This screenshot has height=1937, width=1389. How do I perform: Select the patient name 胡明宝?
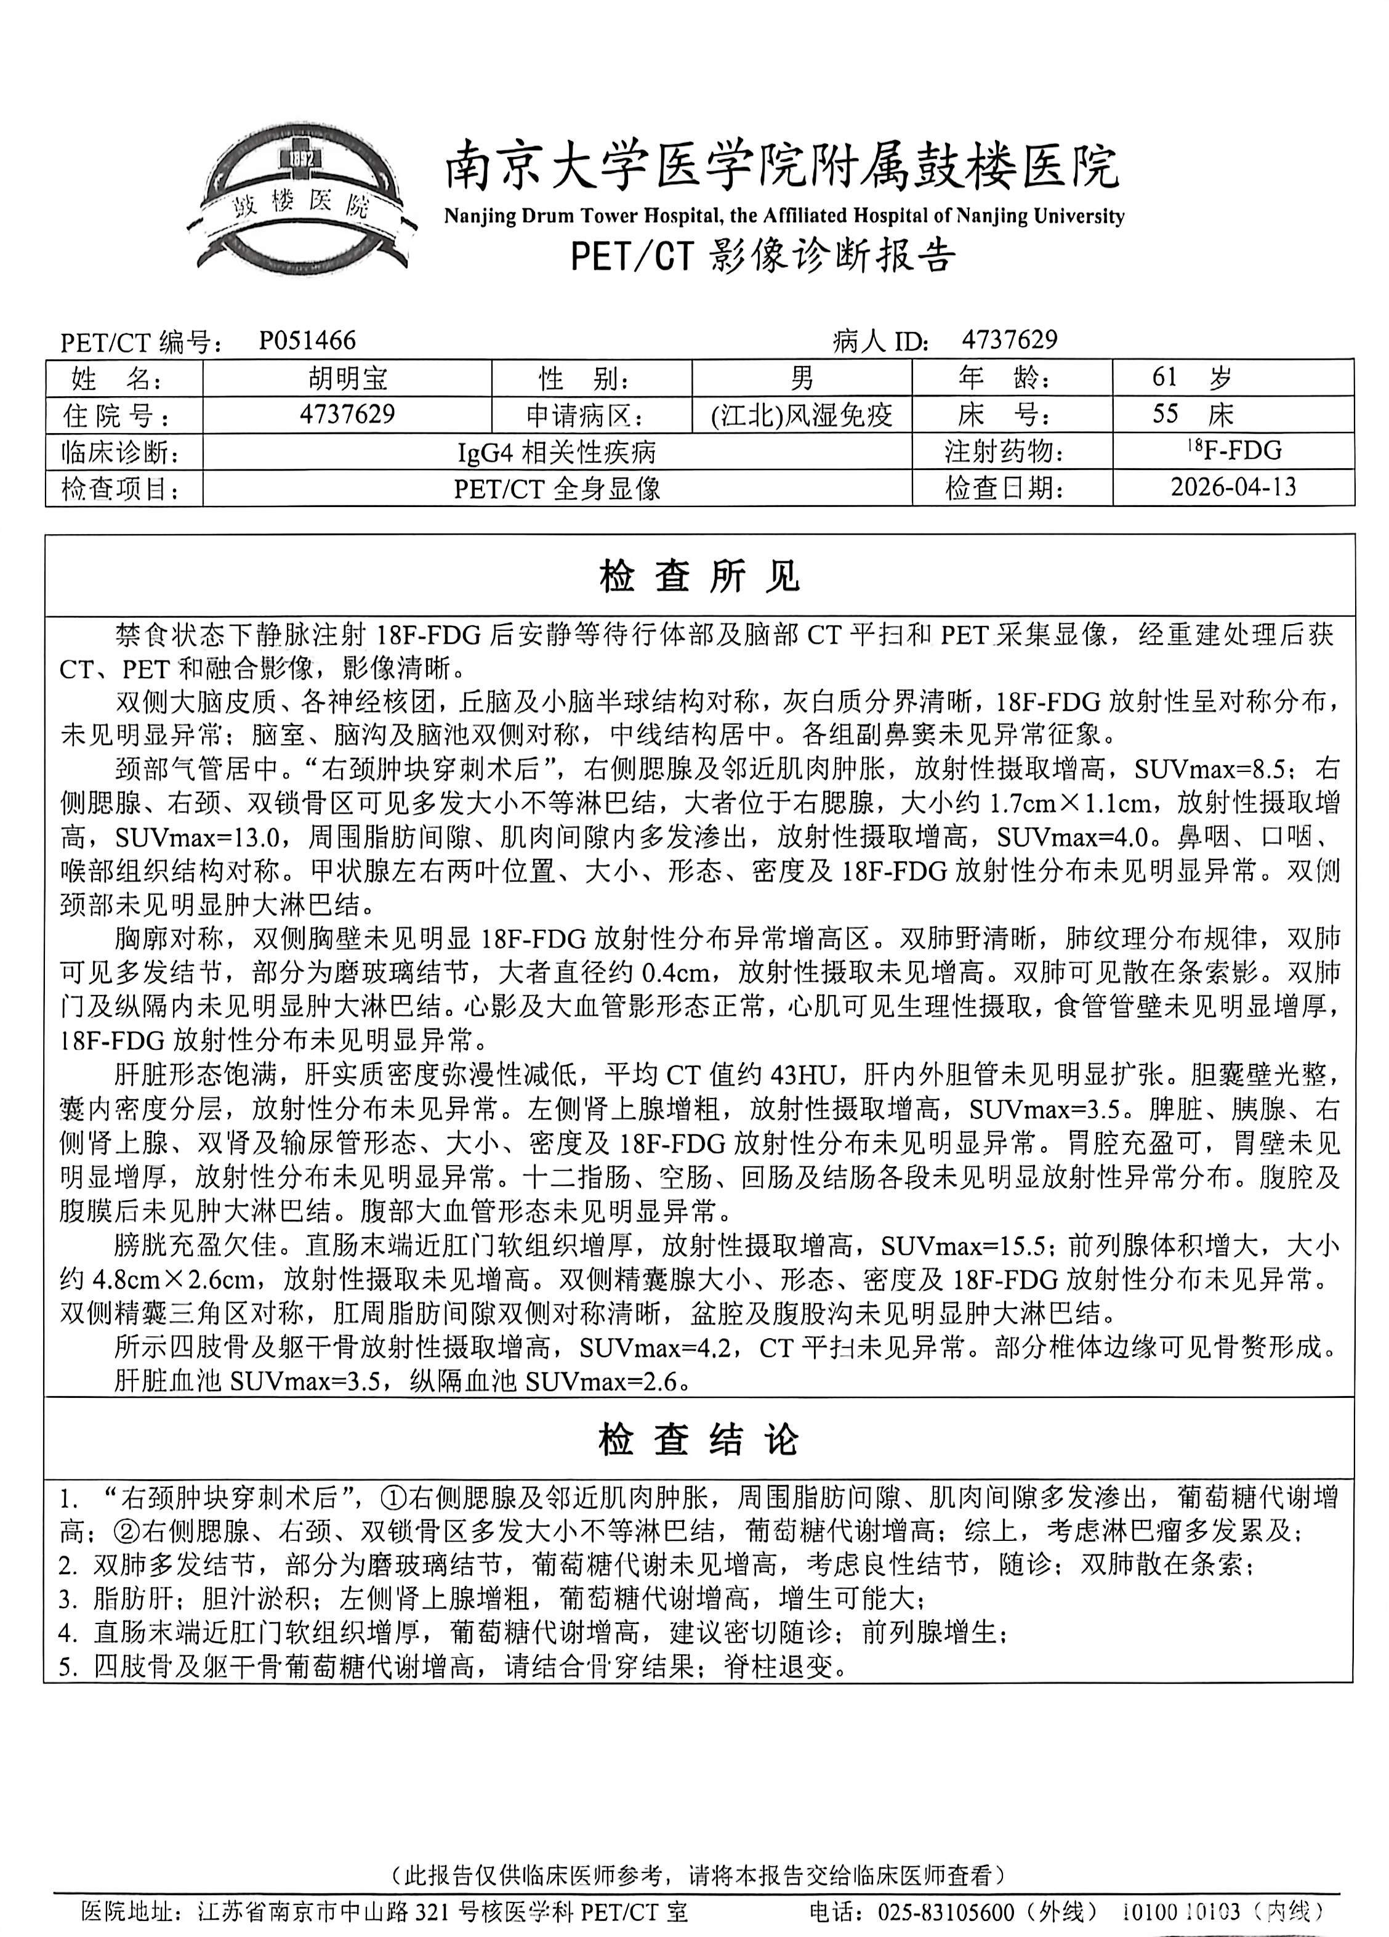[347, 378]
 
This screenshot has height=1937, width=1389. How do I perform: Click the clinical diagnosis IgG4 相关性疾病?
[557, 452]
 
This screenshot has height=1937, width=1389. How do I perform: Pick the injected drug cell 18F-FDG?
[1233, 450]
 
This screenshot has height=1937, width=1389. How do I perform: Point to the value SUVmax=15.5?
[965, 1246]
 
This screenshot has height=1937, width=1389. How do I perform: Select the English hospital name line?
[784, 216]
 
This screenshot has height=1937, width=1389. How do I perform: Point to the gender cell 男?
[801, 378]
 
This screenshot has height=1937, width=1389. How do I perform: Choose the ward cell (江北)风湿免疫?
[801, 415]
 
